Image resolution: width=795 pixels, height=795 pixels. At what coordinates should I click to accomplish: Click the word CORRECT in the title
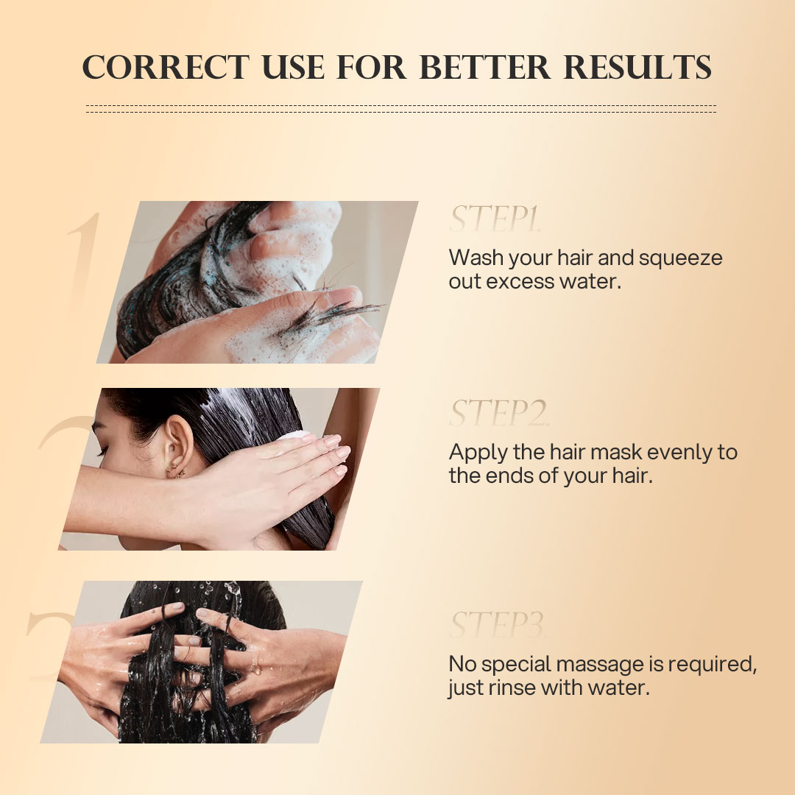(x=166, y=68)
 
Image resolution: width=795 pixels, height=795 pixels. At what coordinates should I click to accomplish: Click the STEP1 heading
(x=495, y=219)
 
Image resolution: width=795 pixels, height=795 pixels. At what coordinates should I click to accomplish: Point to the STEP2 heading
(x=498, y=414)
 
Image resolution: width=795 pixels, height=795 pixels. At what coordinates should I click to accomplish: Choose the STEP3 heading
(x=498, y=626)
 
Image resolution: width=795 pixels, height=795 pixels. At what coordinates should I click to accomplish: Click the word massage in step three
(x=603, y=665)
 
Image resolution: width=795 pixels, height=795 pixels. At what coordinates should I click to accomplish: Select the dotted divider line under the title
(x=400, y=108)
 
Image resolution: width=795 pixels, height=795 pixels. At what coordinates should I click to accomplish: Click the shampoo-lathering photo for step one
(x=258, y=282)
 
